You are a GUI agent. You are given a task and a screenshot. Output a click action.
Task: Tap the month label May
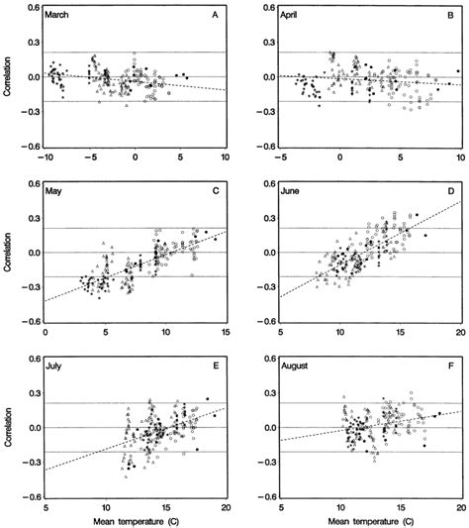58,191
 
